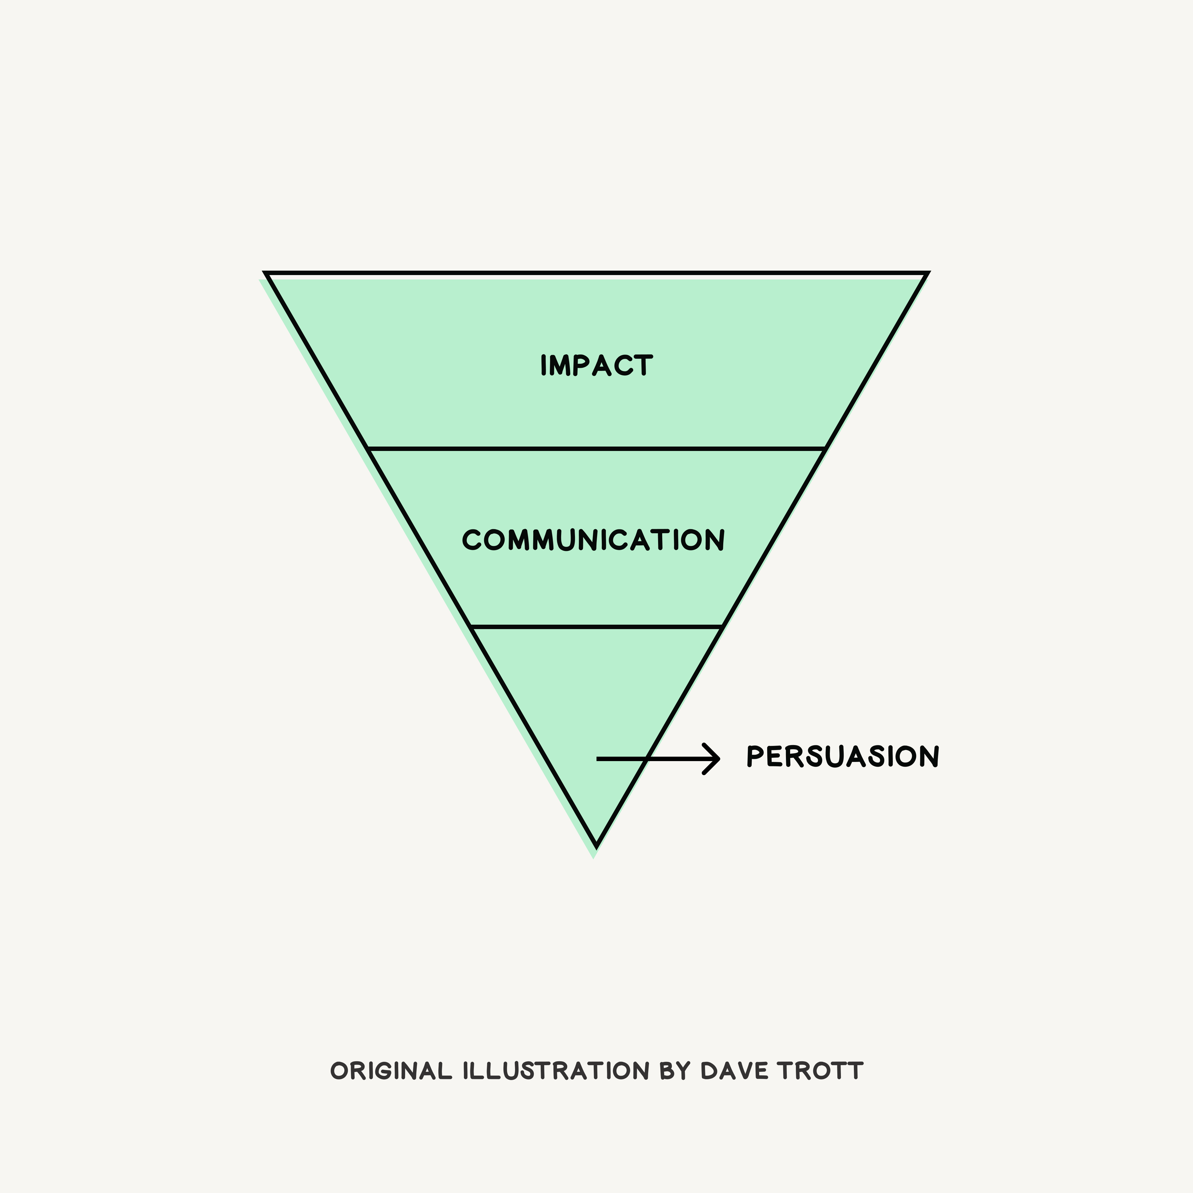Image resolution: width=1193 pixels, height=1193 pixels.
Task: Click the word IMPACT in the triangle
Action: [596, 365]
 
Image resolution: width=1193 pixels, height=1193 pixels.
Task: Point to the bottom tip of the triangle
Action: [596, 845]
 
